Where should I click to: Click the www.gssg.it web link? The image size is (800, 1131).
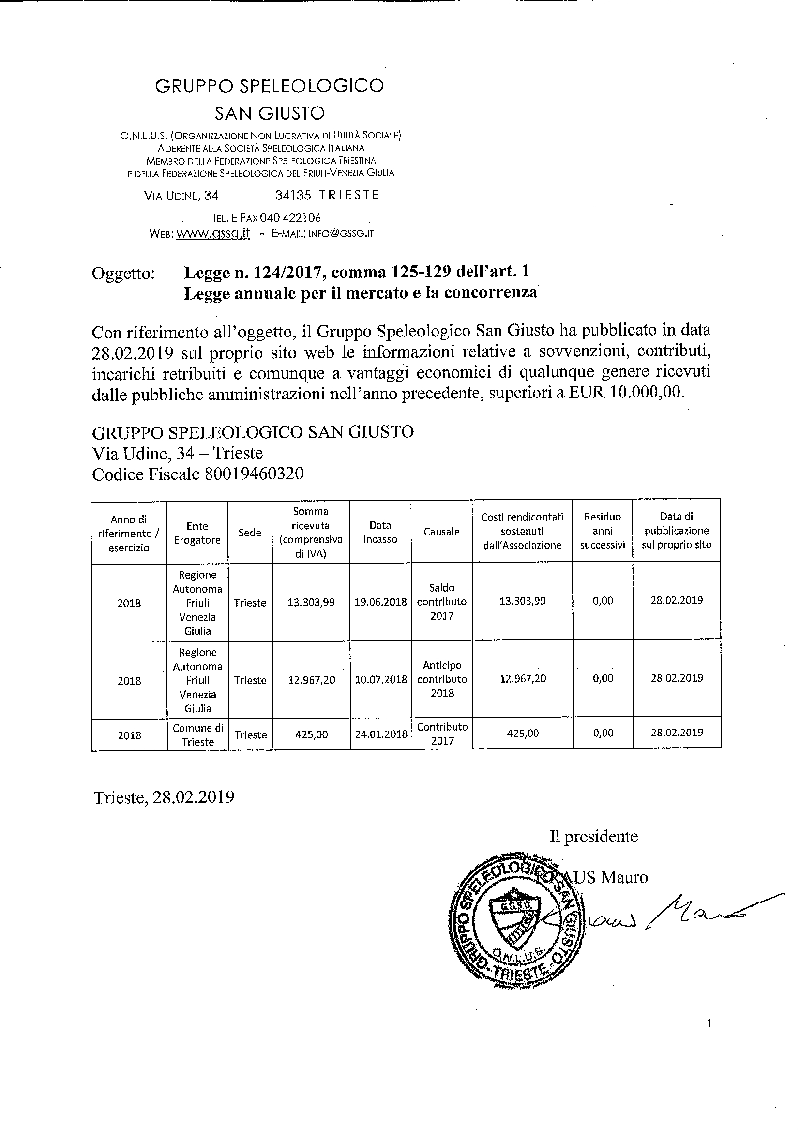pyautogui.click(x=213, y=233)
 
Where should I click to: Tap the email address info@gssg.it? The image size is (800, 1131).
pyautogui.click(x=340, y=233)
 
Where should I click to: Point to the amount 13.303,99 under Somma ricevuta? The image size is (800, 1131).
pyautogui.click(x=311, y=602)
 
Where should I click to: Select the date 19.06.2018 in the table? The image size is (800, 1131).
pyautogui.click(x=380, y=602)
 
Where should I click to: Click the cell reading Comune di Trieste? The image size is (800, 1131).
pyautogui.click(x=197, y=735)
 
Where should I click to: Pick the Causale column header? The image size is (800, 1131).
pyautogui.click(x=441, y=532)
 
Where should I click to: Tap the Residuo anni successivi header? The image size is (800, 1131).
pyautogui.click(x=603, y=531)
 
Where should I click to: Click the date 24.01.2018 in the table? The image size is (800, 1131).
pyautogui.click(x=381, y=734)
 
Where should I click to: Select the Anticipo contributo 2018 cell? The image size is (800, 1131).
pyautogui.click(x=442, y=679)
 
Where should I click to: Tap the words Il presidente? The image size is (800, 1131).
pyautogui.click(x=593, y=836)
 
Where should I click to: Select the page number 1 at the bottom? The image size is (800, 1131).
pyautogui.click(x=709, y=1024)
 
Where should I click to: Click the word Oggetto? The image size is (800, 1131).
pyautogui.click(x=123, y=274)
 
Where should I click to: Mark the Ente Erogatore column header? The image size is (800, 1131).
pyautogui.click(x=197, y=533)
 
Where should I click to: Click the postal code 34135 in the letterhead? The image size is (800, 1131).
pyautogui.click(x=293, y=195)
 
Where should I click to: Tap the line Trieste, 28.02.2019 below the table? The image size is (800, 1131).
pyautogui.click(x=164, y=797)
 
